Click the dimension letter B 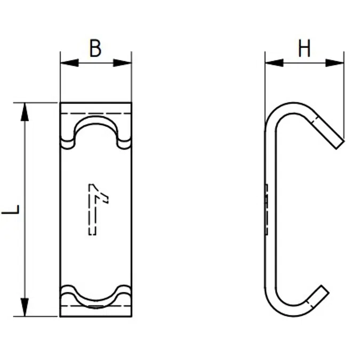[95, 49]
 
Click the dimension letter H [304, 48]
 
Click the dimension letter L [11, 210]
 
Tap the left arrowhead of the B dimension [69, 63]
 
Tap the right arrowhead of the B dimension [122, 63]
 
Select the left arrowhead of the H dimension [274, 63]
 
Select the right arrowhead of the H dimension [335, 63]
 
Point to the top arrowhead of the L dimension [25, 112]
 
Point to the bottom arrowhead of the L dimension [25, 307]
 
